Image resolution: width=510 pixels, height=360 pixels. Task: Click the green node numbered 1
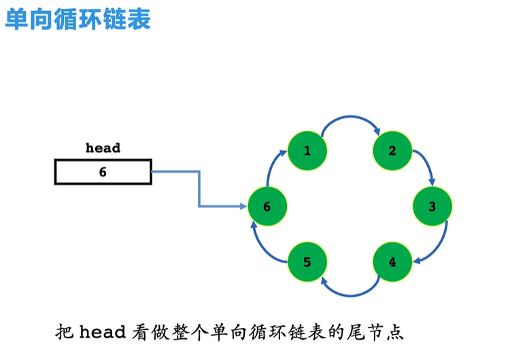307,151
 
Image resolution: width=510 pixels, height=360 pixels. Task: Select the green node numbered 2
392,151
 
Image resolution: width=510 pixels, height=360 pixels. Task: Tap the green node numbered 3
432,206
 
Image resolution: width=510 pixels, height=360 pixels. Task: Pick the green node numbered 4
392,261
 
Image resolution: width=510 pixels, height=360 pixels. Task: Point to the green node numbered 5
307,261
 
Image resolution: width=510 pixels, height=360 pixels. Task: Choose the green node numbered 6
267,206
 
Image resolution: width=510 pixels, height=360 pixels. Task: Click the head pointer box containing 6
103,172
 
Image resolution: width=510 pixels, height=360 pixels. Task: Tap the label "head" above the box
103,148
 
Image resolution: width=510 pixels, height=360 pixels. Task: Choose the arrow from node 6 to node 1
275,167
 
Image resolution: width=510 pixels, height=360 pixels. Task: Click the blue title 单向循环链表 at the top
78,19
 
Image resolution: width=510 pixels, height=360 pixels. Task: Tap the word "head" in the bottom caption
103,333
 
